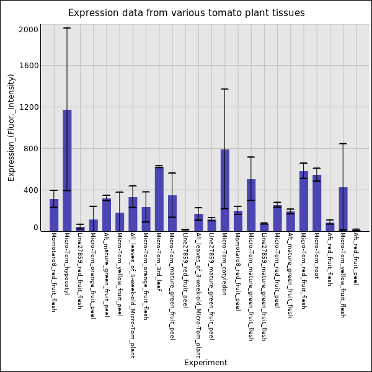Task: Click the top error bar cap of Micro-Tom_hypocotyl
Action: tap(67, 28)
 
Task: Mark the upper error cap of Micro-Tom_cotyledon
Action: tap(224, 89)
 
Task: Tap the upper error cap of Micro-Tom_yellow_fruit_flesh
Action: tap(343, 144)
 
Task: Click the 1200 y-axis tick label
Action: tap(29, 107)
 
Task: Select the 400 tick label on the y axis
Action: tap(31, 190)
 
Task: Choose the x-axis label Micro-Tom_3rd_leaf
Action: tap(159, 262)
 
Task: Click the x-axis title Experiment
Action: tap(205, 363)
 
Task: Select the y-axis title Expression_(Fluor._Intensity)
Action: tap(12, 127)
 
